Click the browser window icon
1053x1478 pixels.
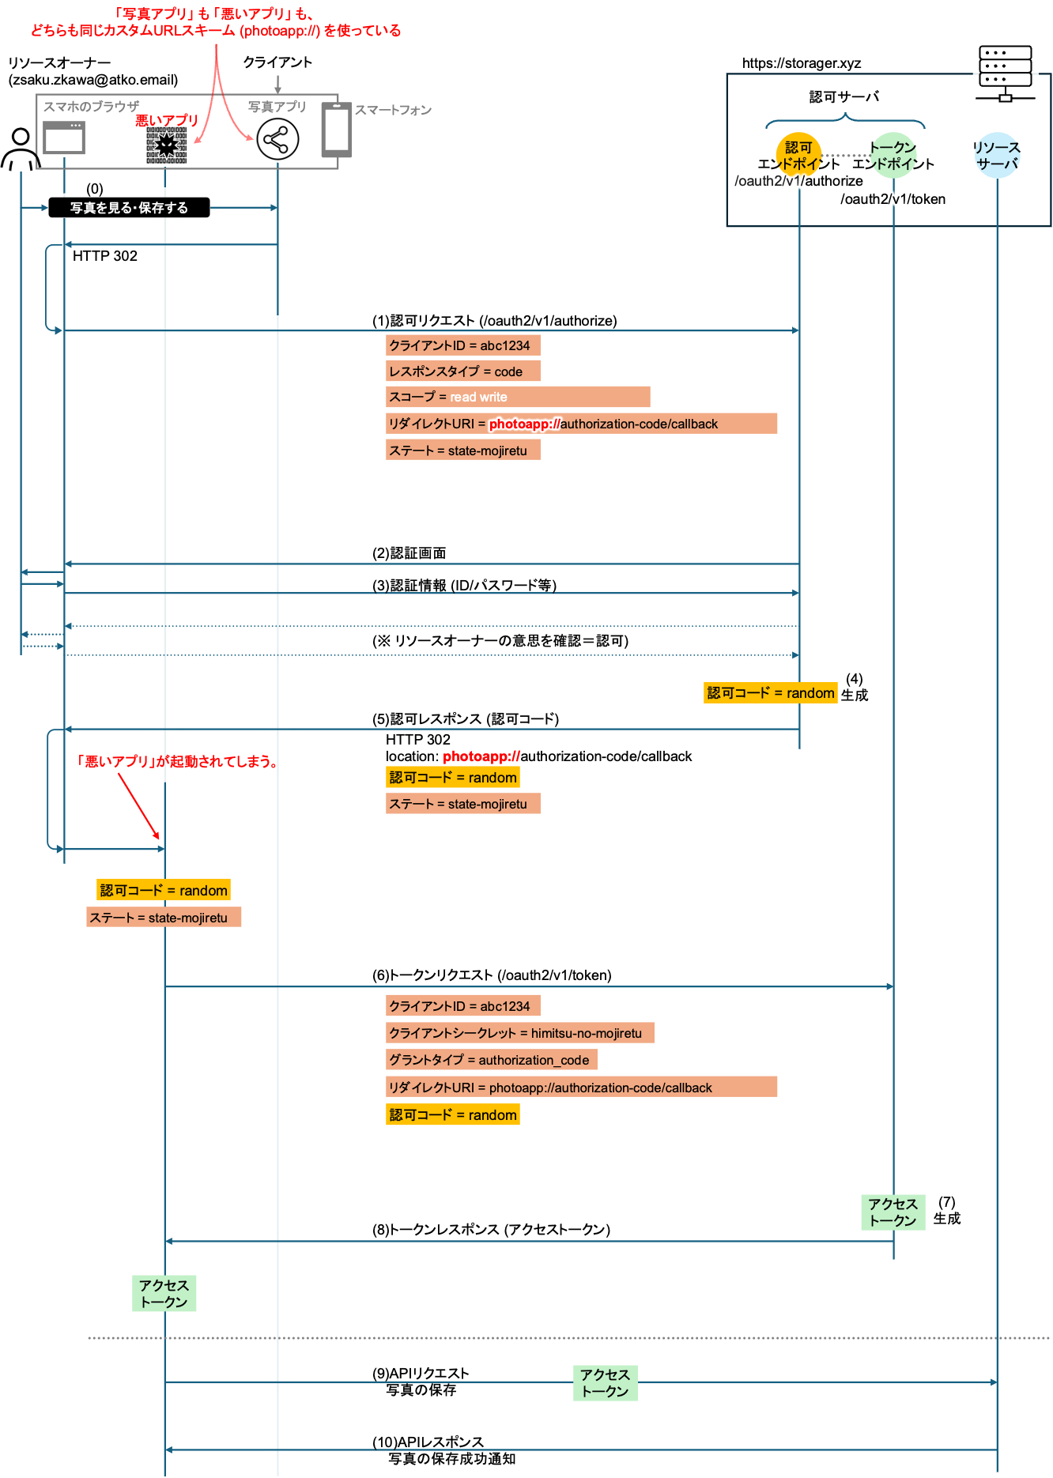point(64,138)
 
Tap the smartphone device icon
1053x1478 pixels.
point(333,130)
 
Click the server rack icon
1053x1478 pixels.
point(1005,74)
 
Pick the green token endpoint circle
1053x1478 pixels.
point(893,155)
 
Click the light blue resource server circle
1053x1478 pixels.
point(997,155)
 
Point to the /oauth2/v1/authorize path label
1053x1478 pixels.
point(798,181)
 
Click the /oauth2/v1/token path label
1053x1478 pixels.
point(894,199)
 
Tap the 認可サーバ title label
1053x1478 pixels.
point(844,96)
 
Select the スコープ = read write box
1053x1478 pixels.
point(518,397)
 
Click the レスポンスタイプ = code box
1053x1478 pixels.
point(462,371)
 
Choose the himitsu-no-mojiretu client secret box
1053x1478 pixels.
point(519,1033)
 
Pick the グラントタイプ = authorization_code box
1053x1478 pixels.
point(491,1060)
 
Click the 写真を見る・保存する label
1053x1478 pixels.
point(129,208)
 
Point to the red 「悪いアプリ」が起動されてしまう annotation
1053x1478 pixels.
point(176,762)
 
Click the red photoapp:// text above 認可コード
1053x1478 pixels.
point(481,756)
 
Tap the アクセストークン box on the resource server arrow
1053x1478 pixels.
point(605,1383)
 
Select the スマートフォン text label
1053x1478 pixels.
point(393,110)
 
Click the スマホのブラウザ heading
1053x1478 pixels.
point(91,107)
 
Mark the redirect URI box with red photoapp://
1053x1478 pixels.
point(581,424)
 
